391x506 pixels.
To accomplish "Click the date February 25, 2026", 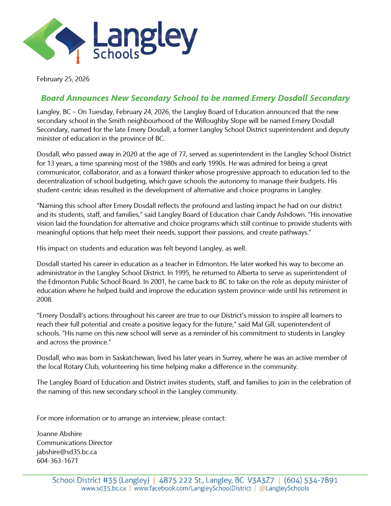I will [63, 79].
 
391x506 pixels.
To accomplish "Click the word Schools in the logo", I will [116, 54].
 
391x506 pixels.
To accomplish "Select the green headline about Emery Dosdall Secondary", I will [195, 98].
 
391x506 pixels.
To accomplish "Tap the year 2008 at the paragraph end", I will [44, 300].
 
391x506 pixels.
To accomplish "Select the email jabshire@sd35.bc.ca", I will [67, 452].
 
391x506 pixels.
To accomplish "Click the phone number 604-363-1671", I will [57, 461].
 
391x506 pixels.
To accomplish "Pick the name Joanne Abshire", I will [59, 434].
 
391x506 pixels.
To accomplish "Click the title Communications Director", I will [75, 443].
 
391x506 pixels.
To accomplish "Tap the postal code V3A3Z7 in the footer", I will [261, 480].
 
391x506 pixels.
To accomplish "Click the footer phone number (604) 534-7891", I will [311, 480].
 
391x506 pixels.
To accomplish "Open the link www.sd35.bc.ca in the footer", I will [103, 489].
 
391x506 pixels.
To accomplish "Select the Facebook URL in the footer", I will [193, 489].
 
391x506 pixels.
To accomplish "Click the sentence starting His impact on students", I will [141, 248].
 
